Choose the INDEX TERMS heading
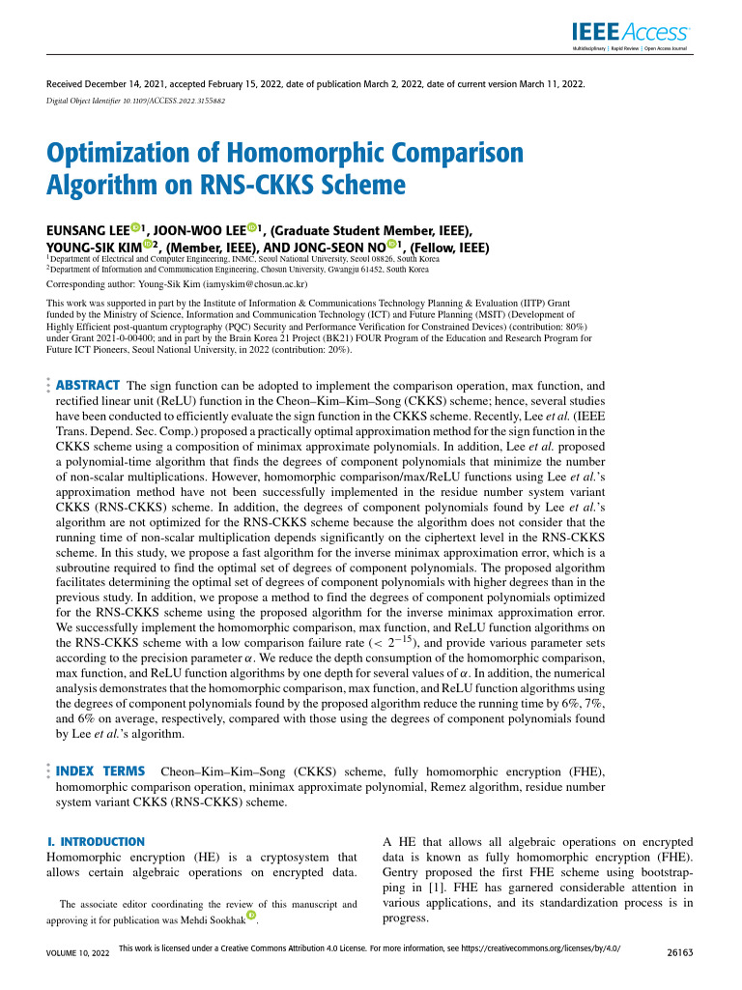[x=100, y=771]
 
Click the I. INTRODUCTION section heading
[x=96, y=842]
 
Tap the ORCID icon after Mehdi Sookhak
[x=253, y=916]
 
